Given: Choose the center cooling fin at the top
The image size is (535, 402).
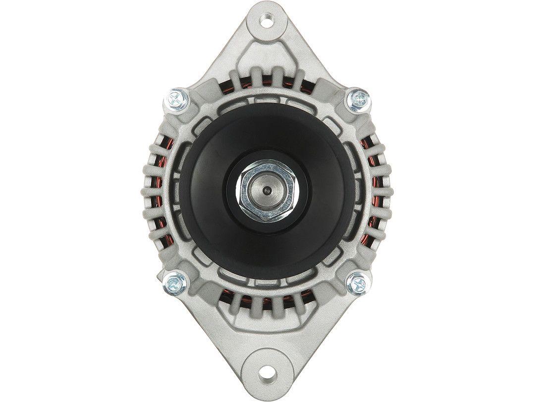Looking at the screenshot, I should tap(268, 79).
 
